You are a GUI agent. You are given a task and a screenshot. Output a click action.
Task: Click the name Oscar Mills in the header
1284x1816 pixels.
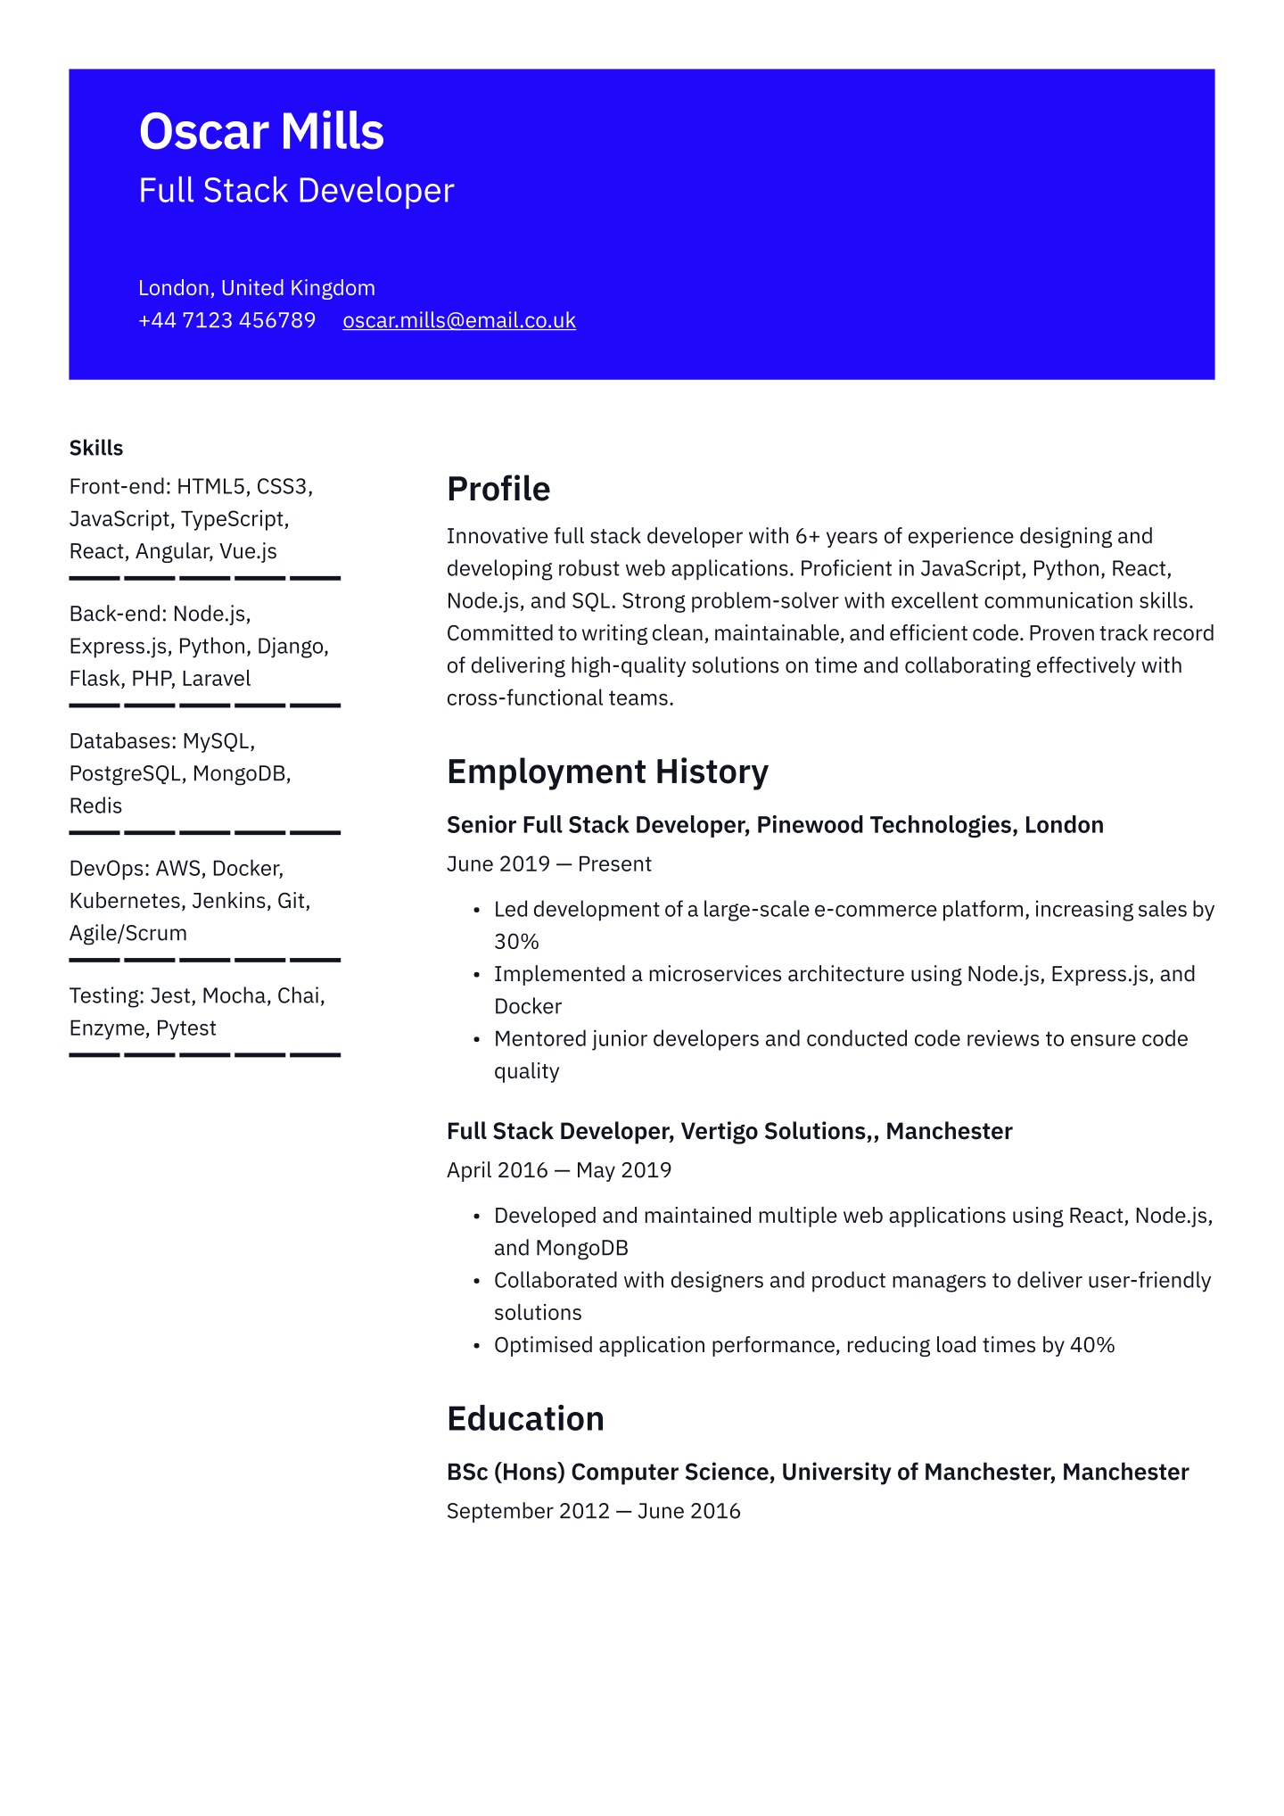tap(261, 132)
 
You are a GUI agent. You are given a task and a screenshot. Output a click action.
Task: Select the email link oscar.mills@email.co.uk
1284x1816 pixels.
tap(459, 320)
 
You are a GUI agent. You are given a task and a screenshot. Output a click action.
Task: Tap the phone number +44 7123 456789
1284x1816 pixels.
tap(226, 320)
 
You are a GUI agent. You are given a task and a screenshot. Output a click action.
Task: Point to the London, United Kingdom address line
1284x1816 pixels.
tap(257, 288)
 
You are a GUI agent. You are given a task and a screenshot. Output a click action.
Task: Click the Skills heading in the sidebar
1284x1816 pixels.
tap(96, 448)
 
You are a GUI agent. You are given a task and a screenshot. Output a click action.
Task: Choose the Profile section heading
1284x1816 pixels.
tap(498, 489)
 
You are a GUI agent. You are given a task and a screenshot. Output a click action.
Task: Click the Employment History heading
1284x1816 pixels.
tap(607, 772)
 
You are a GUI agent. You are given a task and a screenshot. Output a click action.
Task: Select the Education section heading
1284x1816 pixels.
tap(525, 1418)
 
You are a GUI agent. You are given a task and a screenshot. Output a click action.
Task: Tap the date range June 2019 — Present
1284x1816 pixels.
tap(549, 863)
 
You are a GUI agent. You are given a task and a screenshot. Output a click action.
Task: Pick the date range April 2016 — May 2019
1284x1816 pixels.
tap(559, 1169)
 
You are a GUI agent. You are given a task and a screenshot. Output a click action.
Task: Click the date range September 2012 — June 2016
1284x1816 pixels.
tap(594, 1511)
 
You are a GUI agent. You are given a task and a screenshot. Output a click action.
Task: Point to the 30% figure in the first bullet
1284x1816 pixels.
tap(516, 942)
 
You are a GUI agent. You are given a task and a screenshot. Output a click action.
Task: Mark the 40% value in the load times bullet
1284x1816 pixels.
tap(1092, 1345)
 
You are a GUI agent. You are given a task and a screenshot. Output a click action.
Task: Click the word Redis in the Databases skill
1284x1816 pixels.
tap(95, 806)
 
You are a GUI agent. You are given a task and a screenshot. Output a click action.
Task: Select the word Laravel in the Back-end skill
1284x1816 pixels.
tap(216, 679)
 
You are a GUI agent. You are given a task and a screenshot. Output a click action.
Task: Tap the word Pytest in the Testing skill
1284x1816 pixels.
tap(185, 1028)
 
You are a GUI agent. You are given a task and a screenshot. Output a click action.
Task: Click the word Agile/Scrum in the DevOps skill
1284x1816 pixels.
tap(128, 934)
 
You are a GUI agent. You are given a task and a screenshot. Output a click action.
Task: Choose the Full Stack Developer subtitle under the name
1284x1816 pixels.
tap(296, 191)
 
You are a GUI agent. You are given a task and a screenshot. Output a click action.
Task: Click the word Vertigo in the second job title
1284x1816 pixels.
tap(715, 1131)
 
